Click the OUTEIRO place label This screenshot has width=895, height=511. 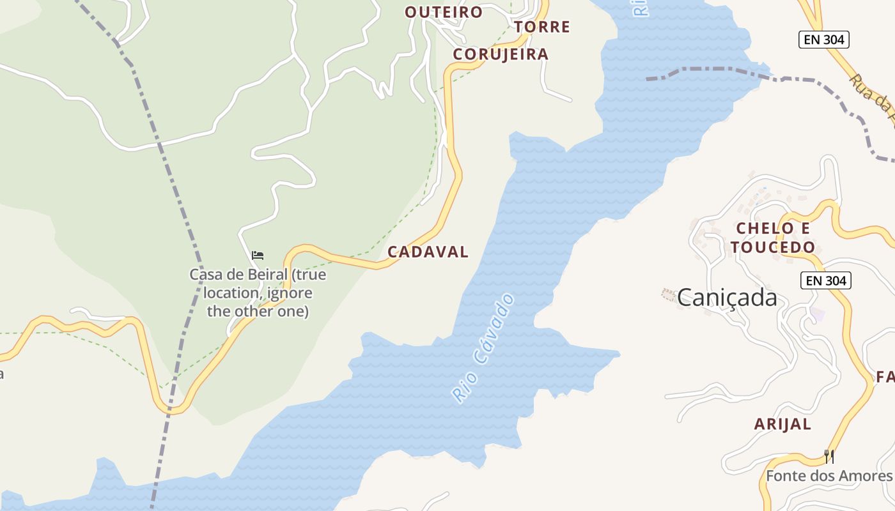click(x=444, y=12)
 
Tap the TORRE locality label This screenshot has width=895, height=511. click(x=542, y=27)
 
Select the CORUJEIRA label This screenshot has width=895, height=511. click(x=501, y=55)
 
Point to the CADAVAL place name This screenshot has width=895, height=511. click(x=428, y=252)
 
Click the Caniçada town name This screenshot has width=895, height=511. click(x=727, y=298)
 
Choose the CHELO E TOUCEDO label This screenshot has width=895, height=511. click(x=773, y=238)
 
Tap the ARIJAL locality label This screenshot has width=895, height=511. click(x=782, y=424)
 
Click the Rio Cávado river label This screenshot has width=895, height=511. click(x=483, y=348)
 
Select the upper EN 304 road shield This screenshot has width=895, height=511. click(x=825, y=40)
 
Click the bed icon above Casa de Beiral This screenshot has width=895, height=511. click(x=258, y=256)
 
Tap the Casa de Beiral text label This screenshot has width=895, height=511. click(x=258, y=293)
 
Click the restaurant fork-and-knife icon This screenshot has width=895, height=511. click(x=829, y=456)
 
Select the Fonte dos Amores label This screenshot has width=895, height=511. click(x=829, y=476)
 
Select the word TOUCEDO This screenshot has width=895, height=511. click(x=773, y=247)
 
